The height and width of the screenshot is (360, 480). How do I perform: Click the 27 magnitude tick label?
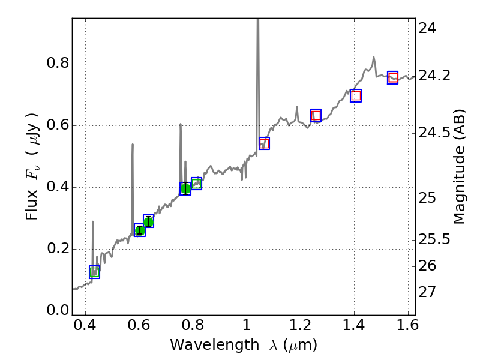pyautogui.click(x=430, y=292)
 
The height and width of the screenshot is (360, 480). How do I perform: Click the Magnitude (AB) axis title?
pyautogui.click(x=460, y=166)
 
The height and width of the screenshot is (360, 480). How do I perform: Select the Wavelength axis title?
pyautogui.click(x=243, y=345)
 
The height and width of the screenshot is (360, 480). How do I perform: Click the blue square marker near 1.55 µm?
pyautogui.click(x=393, y=77)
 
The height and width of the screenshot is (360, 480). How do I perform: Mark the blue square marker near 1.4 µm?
pyautogui.click(x=356, y=95)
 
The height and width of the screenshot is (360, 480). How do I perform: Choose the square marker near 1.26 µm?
pyautogui.click(x=316, y=115)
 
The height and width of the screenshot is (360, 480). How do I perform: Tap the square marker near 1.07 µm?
pyautogui.click(x=264, y=143)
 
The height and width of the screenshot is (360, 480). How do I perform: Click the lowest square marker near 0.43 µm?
pyautogui.click(x=94, y=272)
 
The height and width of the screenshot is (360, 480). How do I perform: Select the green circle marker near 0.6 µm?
pyautogui.click(x=140, y=230)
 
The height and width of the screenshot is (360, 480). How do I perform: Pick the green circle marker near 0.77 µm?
pyautogui.click(x=185, y=188)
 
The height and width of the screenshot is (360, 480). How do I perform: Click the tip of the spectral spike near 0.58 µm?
pyautogui.click(x=133, y=144)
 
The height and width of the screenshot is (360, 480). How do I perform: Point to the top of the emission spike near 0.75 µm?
pyautogui.click(x=180, y=124)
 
